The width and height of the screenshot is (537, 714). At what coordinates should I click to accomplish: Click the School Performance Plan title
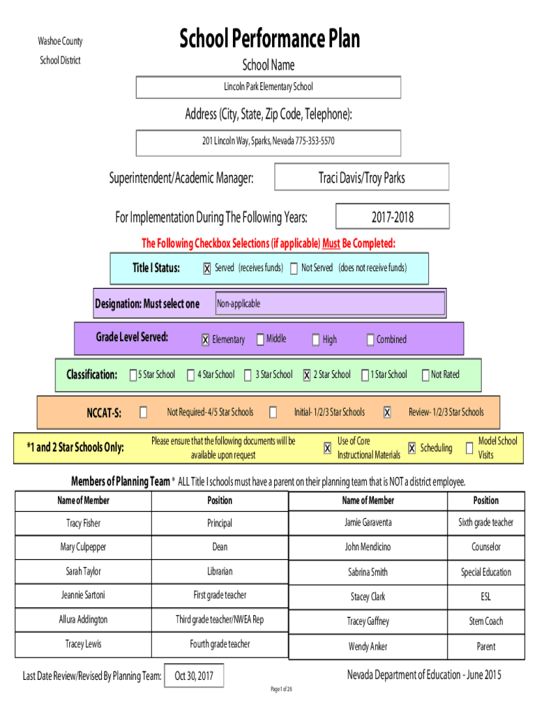coord(270,38)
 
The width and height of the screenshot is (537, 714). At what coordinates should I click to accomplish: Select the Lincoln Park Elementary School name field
coord(268,87)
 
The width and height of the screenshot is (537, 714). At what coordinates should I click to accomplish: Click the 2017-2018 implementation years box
coord(393,216)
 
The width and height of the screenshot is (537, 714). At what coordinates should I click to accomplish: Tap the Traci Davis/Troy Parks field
coord(362,177)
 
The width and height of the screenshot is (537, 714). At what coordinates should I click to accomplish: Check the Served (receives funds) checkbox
coord(207,268)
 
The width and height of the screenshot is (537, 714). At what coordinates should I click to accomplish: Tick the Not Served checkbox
coord(294,268)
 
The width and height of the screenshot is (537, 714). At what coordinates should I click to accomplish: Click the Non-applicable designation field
coord(330,303)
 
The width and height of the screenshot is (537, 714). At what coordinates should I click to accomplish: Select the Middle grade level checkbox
coord(260,340)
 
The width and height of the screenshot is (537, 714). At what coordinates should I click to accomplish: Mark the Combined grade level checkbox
coord(370,340)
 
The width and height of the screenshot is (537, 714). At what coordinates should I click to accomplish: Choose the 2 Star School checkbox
coord(307,374)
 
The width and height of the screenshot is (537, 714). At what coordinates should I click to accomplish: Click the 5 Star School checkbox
coord(133,374)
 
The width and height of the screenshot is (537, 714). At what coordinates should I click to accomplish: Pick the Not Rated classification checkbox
coord(425,374)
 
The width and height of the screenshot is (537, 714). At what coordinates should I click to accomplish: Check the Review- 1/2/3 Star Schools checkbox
coord(387,412)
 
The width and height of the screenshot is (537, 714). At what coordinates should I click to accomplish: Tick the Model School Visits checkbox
coord(469,448)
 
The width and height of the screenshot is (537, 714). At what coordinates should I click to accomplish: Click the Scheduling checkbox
coord(411,448)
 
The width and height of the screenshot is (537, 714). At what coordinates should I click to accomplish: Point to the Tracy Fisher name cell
coord(84,523)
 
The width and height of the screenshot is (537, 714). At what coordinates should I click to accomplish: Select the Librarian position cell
coord(220,572)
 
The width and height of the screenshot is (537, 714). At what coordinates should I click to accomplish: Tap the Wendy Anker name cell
coord(368,646)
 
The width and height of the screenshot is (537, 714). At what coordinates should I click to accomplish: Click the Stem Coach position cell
coord(486,621)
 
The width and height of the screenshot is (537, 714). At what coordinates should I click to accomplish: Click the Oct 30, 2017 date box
coord(194,676)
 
